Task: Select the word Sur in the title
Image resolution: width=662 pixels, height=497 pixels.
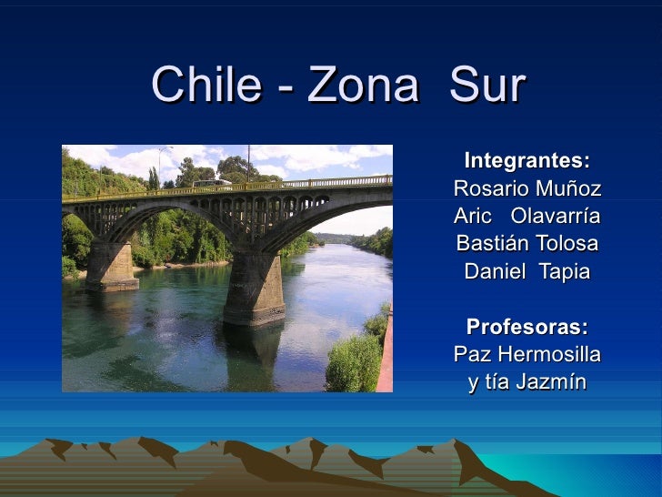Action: coord(487,86)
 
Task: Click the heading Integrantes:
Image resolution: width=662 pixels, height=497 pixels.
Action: coord(527,162)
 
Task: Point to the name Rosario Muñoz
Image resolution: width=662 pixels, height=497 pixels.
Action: coord(527,189)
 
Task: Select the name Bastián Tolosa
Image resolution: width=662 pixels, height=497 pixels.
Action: coord(527,244)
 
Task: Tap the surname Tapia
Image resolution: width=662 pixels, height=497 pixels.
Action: coord(561,271)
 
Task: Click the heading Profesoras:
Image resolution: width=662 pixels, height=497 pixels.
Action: coord(527,327)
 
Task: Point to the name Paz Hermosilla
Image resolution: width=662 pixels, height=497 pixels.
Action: coord(527,354)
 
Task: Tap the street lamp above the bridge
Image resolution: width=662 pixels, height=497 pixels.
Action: coord(162,151)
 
